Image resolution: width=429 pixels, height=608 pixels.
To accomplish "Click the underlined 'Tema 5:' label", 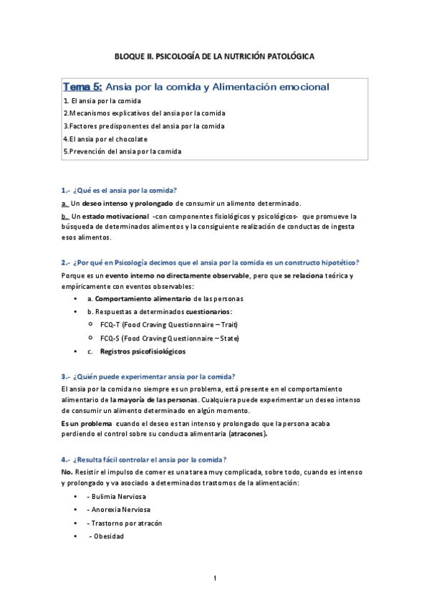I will [x=82, y=87].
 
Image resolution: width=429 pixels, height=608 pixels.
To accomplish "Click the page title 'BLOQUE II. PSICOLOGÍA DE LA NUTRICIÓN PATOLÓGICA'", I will [x=214, y=55].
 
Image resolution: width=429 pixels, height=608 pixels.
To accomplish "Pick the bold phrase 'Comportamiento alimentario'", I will [x=138, y=298].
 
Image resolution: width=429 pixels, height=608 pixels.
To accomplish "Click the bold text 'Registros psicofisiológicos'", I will [x=143, y=351].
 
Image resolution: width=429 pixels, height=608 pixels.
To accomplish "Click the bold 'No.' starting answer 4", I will [x=67, y=472].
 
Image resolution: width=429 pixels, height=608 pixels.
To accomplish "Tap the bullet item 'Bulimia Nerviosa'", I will [x=120, y=497].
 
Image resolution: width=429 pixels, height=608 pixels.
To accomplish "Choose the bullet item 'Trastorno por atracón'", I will [x=126, y=523].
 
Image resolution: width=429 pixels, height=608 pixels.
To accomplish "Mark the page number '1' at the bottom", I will [x=214, y=578].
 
